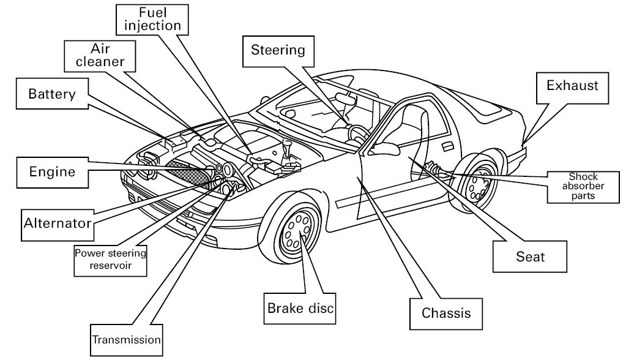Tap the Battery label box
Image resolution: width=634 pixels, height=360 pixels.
click(x=52, y=94)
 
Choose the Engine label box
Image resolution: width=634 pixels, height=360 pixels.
click(x=52, y=171)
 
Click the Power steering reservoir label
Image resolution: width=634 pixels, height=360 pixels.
click(x=111, y=258)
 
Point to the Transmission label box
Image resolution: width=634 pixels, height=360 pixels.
click(x=126, y=339)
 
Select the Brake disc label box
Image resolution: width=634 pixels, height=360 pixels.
click(x=300, y=308)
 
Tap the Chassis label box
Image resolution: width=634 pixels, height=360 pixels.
click(x=446, y=313)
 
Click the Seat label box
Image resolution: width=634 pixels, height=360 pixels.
click(x=530, y=257)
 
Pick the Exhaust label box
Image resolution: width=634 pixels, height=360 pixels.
click(x=573, y=86)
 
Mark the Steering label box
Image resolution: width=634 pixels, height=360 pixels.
click(x=278, y=50)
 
